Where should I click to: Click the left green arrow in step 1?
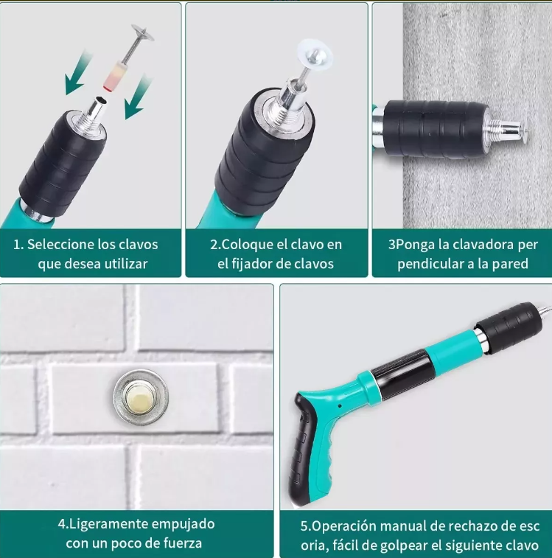(77, 74)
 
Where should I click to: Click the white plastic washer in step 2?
(315, 55)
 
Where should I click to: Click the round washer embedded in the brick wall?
(141, 397)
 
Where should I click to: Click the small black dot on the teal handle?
(340, 405)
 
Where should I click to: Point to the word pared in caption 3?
(510, 264)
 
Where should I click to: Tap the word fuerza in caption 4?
(183, 543)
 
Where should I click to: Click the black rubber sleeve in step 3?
(435, 128)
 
